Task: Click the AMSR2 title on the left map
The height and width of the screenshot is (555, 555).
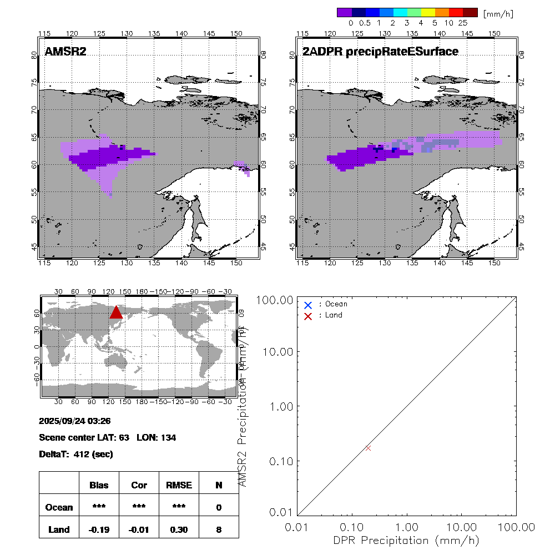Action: pyautogui.click(x=65, y=52)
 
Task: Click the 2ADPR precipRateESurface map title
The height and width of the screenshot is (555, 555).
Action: pyautogui.click(x=380, y=52)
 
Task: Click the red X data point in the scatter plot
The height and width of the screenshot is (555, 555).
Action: pyautogui.click(x=368, y=448)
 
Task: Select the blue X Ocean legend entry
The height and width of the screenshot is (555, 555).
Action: pyautogui.click(x=308, y=305)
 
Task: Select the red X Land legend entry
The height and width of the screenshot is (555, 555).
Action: pyautogui.click(x=308, y=315)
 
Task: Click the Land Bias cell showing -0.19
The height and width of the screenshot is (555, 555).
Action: pyautogui.click(x=99, y=529)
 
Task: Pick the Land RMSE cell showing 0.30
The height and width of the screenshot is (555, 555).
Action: pyautogui.click(x=178, y=529)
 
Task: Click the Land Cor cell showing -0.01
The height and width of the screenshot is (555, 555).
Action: pyautogui.click(x=139, y=529)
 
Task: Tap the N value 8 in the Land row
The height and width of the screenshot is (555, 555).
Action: pyautogui.click(x=219, y=529)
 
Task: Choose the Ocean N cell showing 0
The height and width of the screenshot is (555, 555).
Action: pyautogui.click(x=219, y=507)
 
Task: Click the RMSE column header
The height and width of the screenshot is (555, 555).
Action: pyautogui.click(x=178, y=485)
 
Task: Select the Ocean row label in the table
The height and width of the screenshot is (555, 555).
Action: pyautogui.click(x=59, y=507)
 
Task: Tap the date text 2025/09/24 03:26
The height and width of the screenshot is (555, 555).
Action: pyautogui.click(x=75, y=420)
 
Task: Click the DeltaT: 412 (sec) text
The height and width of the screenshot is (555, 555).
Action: pyautogui.click(x=76, y=455)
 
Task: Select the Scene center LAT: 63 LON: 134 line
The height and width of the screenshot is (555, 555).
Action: pyautogui.click(x=108, y=437)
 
